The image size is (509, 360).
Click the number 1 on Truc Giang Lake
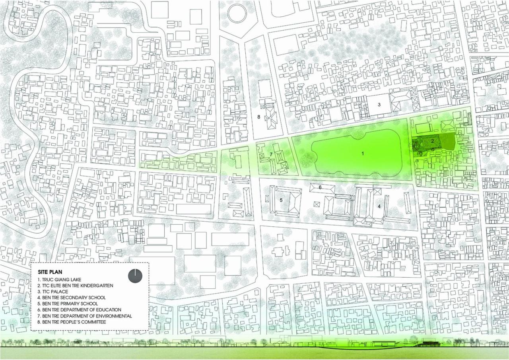coord(363,153)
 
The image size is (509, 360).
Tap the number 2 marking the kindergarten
coord(432,141)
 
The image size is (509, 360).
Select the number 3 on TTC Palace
coord(379,105)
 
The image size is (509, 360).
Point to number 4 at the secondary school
coord(379,206)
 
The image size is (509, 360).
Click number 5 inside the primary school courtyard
coord(281,200)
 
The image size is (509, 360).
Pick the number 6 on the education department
coord(320,187)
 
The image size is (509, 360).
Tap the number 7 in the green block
coord(271,154)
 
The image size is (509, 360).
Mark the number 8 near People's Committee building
coord(258,117)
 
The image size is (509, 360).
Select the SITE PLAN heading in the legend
coord(51,273)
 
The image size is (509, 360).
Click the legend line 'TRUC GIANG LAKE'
coord(64,280)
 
